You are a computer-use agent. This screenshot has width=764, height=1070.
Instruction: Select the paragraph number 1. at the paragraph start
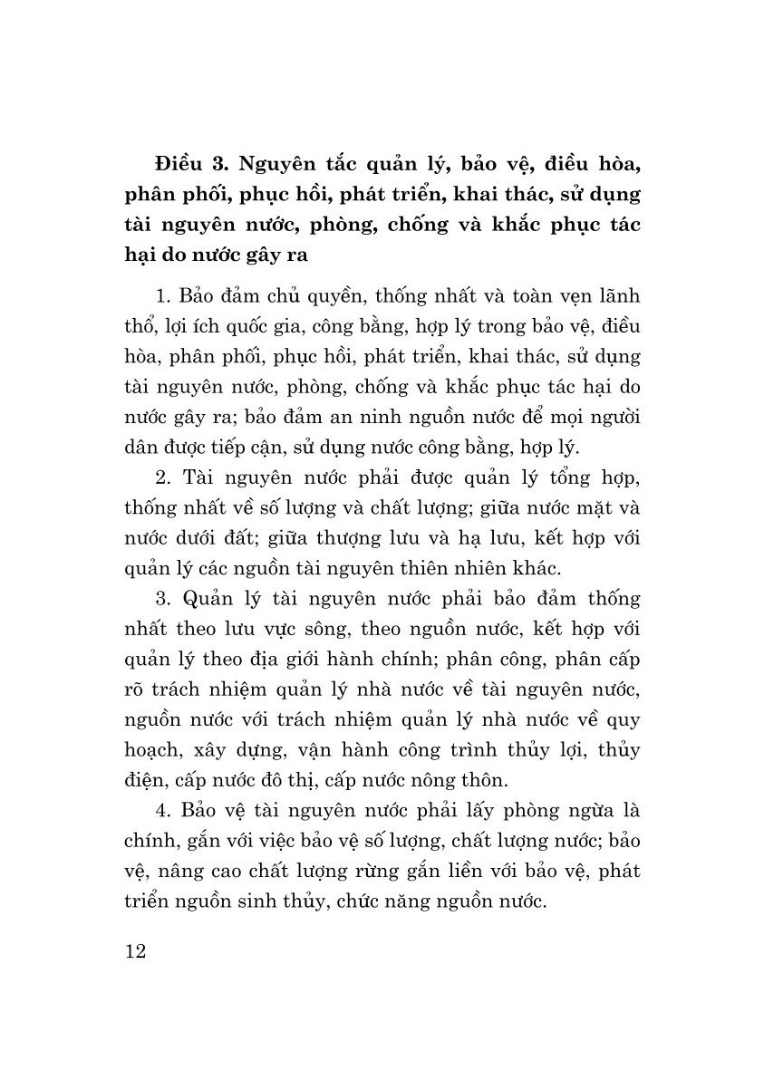coord(164,298)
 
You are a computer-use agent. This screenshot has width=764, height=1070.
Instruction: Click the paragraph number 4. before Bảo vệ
coord(164,809)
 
